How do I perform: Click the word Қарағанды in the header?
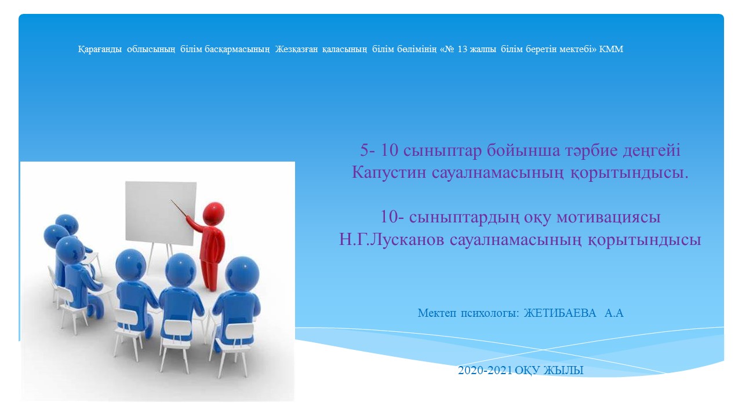[100, 49]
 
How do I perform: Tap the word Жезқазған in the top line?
[296, 49]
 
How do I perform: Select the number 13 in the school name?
[463, 49]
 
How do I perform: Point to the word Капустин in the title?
[388, 173]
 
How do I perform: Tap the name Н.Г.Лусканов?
[391, 239]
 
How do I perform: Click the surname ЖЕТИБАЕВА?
[560, 313]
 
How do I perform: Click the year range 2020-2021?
[485, 370]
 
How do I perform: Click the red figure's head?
[214, 214]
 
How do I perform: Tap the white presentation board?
[161, 213]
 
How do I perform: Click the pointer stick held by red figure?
[179, 208]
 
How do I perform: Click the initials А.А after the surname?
[614, 313]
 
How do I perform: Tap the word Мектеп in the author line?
[437, 313]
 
